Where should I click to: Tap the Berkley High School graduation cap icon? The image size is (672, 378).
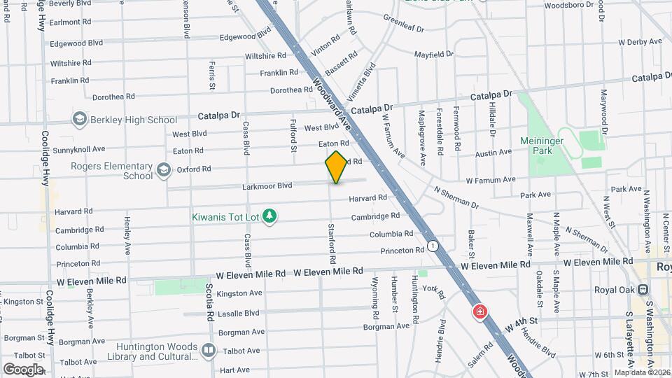coord(80,120)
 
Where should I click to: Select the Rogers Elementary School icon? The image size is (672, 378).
coord(164,169)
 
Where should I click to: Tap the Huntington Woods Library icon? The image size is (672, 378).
coord(208,349)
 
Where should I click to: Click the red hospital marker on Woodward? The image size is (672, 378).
coord(480,311)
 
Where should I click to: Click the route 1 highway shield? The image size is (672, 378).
coord(434,246)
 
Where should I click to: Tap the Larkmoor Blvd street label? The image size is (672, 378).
coord(267,186)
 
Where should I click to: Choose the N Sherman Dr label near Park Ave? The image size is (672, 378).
coord(455,197)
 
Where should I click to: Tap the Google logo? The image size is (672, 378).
coord(22,370)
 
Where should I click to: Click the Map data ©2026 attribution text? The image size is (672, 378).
coord(642,372)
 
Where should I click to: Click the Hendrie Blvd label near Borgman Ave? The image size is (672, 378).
coord(442,335)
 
